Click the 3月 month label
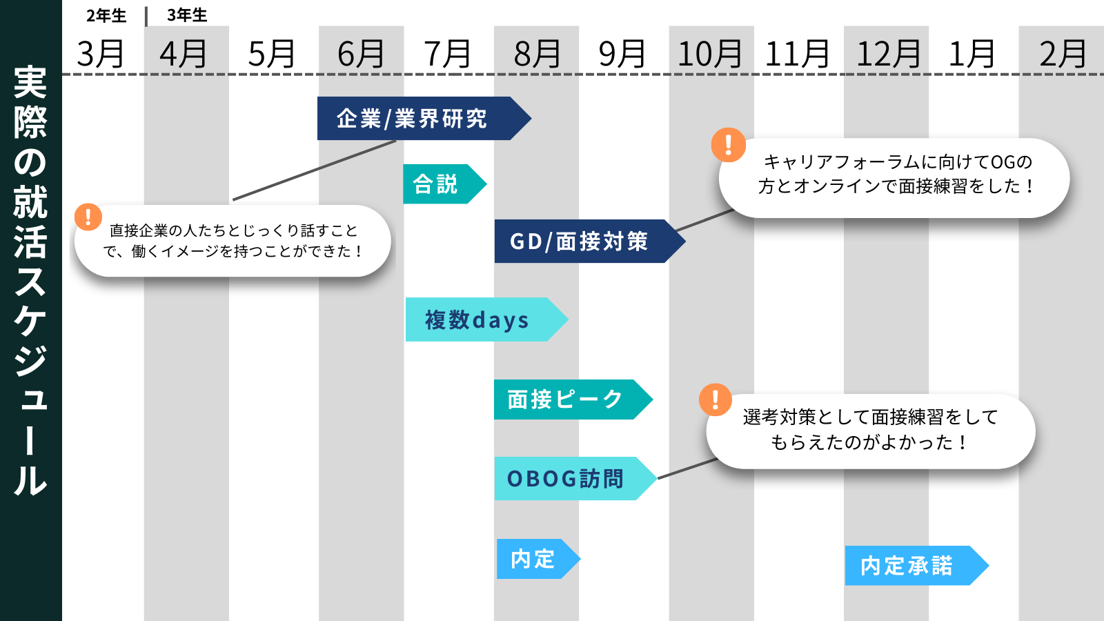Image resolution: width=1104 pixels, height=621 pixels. click(x=101, y=54)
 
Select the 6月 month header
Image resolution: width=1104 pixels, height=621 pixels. click(x=361, y=54)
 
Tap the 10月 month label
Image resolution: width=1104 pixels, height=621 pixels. click(x=710, y=54)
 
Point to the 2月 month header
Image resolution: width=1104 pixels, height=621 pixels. click(x=1063, y=54)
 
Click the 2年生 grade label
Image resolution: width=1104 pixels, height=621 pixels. click(x=106, y=15)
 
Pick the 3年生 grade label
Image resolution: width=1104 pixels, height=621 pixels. click(x=187, y=15)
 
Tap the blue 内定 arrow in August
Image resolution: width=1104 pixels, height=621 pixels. click(x=533, y=559)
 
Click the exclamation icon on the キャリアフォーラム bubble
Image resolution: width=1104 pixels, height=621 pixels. click(x=729, y=145)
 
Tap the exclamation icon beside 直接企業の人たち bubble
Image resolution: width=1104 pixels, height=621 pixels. click(x=88, y=217)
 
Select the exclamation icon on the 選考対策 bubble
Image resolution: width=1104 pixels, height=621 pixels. click(x=716, y=400)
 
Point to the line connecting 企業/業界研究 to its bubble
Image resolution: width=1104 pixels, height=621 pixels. click(x=314, y=170)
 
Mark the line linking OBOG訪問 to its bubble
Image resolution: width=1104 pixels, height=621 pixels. click(x=687, y=469)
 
